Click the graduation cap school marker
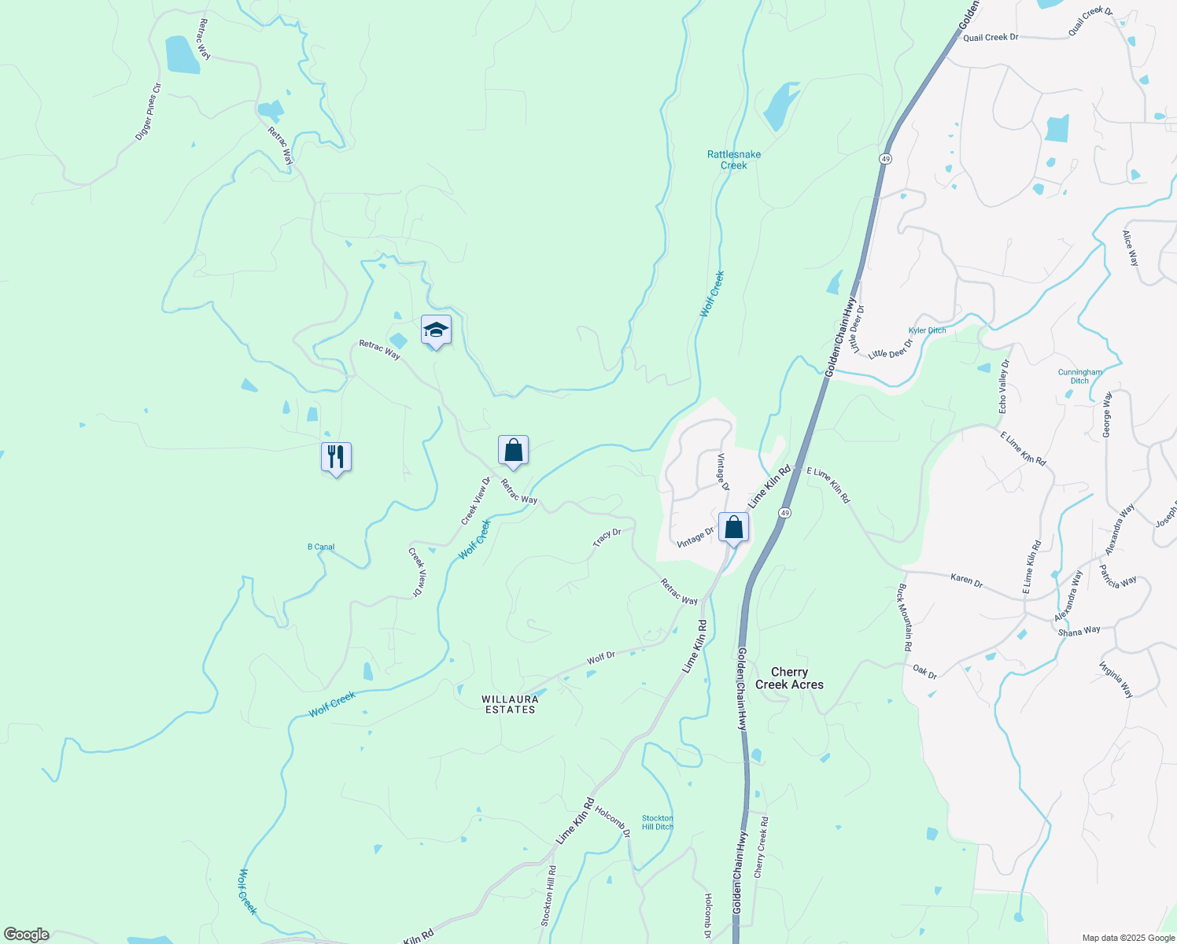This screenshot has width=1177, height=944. (436, 330)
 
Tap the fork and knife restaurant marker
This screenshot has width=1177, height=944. (336, 456)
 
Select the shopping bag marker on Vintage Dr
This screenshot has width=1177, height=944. (733, 527)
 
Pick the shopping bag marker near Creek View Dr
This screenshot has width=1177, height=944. (513, 450)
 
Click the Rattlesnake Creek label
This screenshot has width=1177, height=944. (734, 160)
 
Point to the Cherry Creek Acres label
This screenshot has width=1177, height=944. (789, 678)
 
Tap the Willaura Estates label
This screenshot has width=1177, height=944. (510, 704)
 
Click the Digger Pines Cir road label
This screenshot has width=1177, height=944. (148, 112)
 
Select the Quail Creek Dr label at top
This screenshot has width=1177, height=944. (991, 37)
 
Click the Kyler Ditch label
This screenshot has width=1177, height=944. (927, 330)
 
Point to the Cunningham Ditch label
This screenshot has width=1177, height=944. (1079, 376)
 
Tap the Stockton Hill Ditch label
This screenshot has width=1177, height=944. (658, 822)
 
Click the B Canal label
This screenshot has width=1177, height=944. (321, 547)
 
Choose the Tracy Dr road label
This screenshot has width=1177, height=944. (607, 537)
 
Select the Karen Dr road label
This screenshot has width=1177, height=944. (966, 581)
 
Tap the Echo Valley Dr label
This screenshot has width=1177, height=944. (1003, 386)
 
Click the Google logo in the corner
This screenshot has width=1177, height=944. (26, 935)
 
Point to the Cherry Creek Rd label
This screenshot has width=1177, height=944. (761, 847)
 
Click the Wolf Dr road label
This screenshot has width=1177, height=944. (600, 657)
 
